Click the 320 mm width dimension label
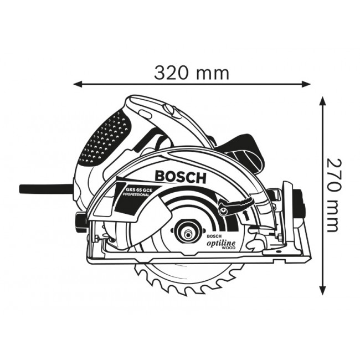[x=191, y=73]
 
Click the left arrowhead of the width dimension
[x=78, y=85]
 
